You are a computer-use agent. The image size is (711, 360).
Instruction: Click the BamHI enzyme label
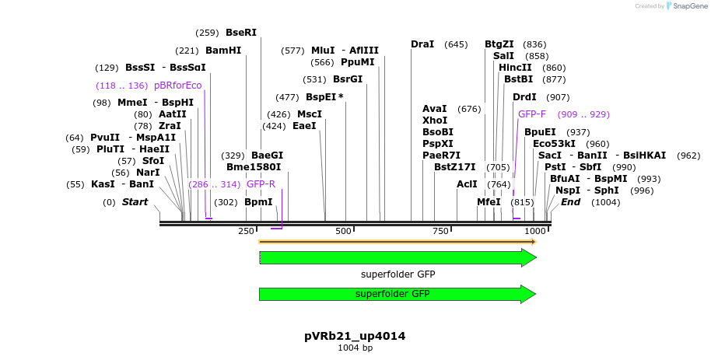(223, 51)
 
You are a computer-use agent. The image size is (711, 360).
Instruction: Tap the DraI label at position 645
(422, 44)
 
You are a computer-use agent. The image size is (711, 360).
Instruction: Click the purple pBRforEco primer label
(177, 86)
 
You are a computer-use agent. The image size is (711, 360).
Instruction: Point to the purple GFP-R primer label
(261, 185)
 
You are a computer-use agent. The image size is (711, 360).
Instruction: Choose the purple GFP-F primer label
(532, 114)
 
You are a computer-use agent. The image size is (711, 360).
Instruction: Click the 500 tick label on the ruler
(343, 232)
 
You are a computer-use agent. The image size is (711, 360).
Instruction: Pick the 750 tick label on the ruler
(440, 232)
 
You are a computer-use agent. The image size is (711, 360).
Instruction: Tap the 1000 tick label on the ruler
(535, 232)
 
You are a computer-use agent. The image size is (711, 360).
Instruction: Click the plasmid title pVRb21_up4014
(355, 336)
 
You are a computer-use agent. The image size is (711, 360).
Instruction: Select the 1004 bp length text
(355, 348)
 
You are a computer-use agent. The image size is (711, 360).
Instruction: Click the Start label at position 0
(135, 202)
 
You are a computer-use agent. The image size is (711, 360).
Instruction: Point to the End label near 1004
(570, 202)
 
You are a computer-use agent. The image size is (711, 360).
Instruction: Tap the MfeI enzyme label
(489, 202)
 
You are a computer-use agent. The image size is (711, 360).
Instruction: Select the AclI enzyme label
(467, 184)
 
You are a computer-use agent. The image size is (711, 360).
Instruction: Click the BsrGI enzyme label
(348, 79)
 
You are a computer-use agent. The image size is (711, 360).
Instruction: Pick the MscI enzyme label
(310, 114)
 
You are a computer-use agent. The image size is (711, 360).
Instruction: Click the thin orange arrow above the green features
(397, 242)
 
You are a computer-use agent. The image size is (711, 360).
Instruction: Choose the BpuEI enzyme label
(540, 132)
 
